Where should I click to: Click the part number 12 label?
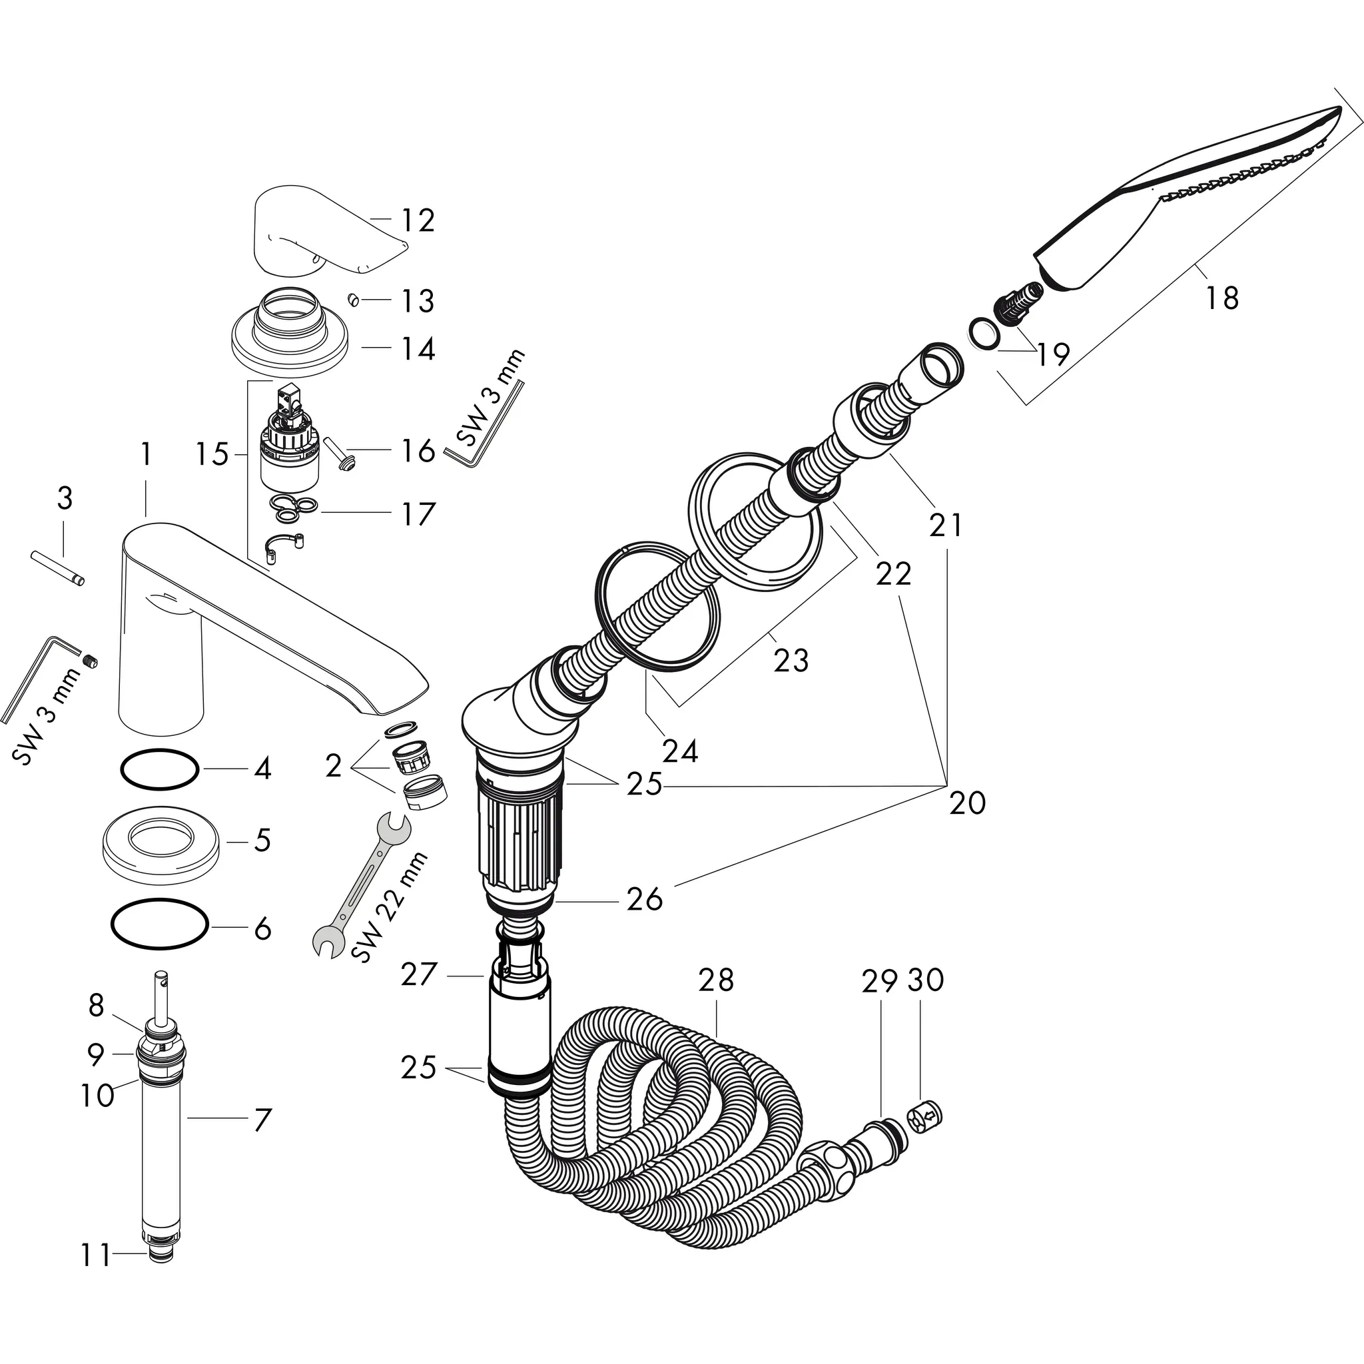coord(418,220)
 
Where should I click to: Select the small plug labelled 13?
coord(354,301)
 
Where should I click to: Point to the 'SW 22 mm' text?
coord(390,908)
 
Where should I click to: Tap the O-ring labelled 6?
coord(160,925)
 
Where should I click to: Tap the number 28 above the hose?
coord(717,979)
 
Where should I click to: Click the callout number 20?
coord(966,803)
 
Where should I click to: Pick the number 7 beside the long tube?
coord(262,1120)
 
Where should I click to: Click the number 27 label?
coord(419,975)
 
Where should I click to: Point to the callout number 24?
coord(681,751)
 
